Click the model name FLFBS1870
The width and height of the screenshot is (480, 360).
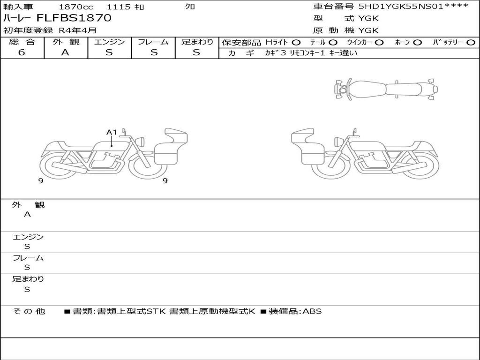point(74,18)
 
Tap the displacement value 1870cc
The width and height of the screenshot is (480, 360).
point(76,7)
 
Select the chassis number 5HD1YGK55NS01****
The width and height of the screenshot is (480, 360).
point(413,6)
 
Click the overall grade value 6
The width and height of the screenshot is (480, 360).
point(22,52)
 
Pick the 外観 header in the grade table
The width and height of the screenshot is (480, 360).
point(66,42)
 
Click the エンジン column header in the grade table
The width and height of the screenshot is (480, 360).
point(109,42)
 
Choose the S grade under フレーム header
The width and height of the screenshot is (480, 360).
point(154,52)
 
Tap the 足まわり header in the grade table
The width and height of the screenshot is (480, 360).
point(197,42)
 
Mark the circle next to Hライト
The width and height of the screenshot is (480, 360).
point(296,42)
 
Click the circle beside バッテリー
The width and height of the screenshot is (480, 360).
point(471,42)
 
